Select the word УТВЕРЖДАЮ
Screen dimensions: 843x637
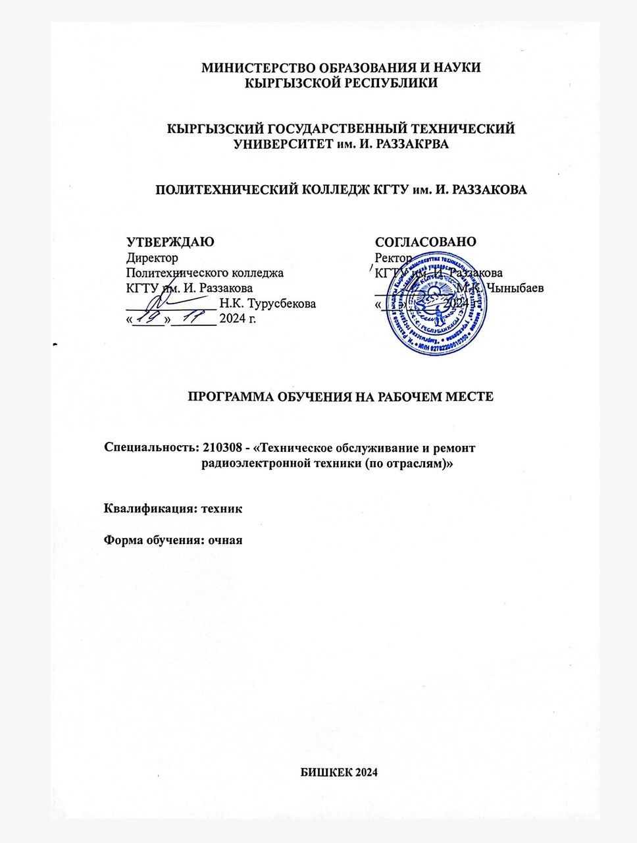(x=170, y=242)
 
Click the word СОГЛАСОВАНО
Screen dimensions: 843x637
(x=426, y=242)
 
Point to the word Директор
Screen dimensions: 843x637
(x=152, y=258)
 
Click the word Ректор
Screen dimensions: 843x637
(x=393, y=258)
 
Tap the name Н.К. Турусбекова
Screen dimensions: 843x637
(x=268, y=304)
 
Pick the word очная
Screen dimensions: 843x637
(x=226, y=541)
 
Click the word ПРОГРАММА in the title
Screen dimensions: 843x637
(x=228, y=396)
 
